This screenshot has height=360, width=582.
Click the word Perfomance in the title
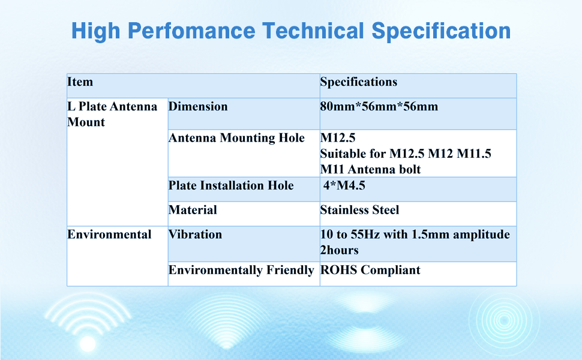pyautogui.click(x=191, y=31)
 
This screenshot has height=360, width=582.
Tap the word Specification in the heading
pyautogui.click(x=441, y=31)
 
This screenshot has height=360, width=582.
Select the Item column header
pyautogui.click(x=80, y=82)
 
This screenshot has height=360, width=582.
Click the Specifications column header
pyautogui.click(x=359, y=82)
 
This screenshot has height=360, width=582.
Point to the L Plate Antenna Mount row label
pyautogui.click(x=112, y=114)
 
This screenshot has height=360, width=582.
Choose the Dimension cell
pyautogui.click(x=198, y=107)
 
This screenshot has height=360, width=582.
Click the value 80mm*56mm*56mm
pyautogui.click(x=379, y=107)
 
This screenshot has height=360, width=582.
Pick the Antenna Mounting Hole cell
pyautogui.click(x=236, y=137)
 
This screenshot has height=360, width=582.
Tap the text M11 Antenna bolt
pyautogui.click(x=370, y=170)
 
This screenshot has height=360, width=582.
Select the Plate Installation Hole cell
pyautogui.click(x=231, y=185)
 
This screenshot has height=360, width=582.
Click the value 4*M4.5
pyautogui.click(x=344, y=185)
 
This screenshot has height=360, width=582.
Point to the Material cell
pyautogui.click(x=193, y=209)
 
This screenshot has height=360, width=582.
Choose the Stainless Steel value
pyautogui.click(x=359, y=209)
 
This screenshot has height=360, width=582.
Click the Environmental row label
pyautogui.click(x=109, y=234)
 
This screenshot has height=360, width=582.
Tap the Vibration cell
pyautogui.click(x=195, y=234)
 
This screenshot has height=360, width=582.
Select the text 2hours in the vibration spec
pyautogui.click(x=339, y=250)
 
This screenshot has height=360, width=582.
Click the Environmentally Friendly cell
pyautogui.click(x=241, y=270)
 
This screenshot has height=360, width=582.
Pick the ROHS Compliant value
pyautogui.click(x=370, y=270)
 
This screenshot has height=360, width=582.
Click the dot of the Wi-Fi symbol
pyautogui.click(x=88, y=343)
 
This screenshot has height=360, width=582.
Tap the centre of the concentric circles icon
pyautogui.click(x=504, y=320)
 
